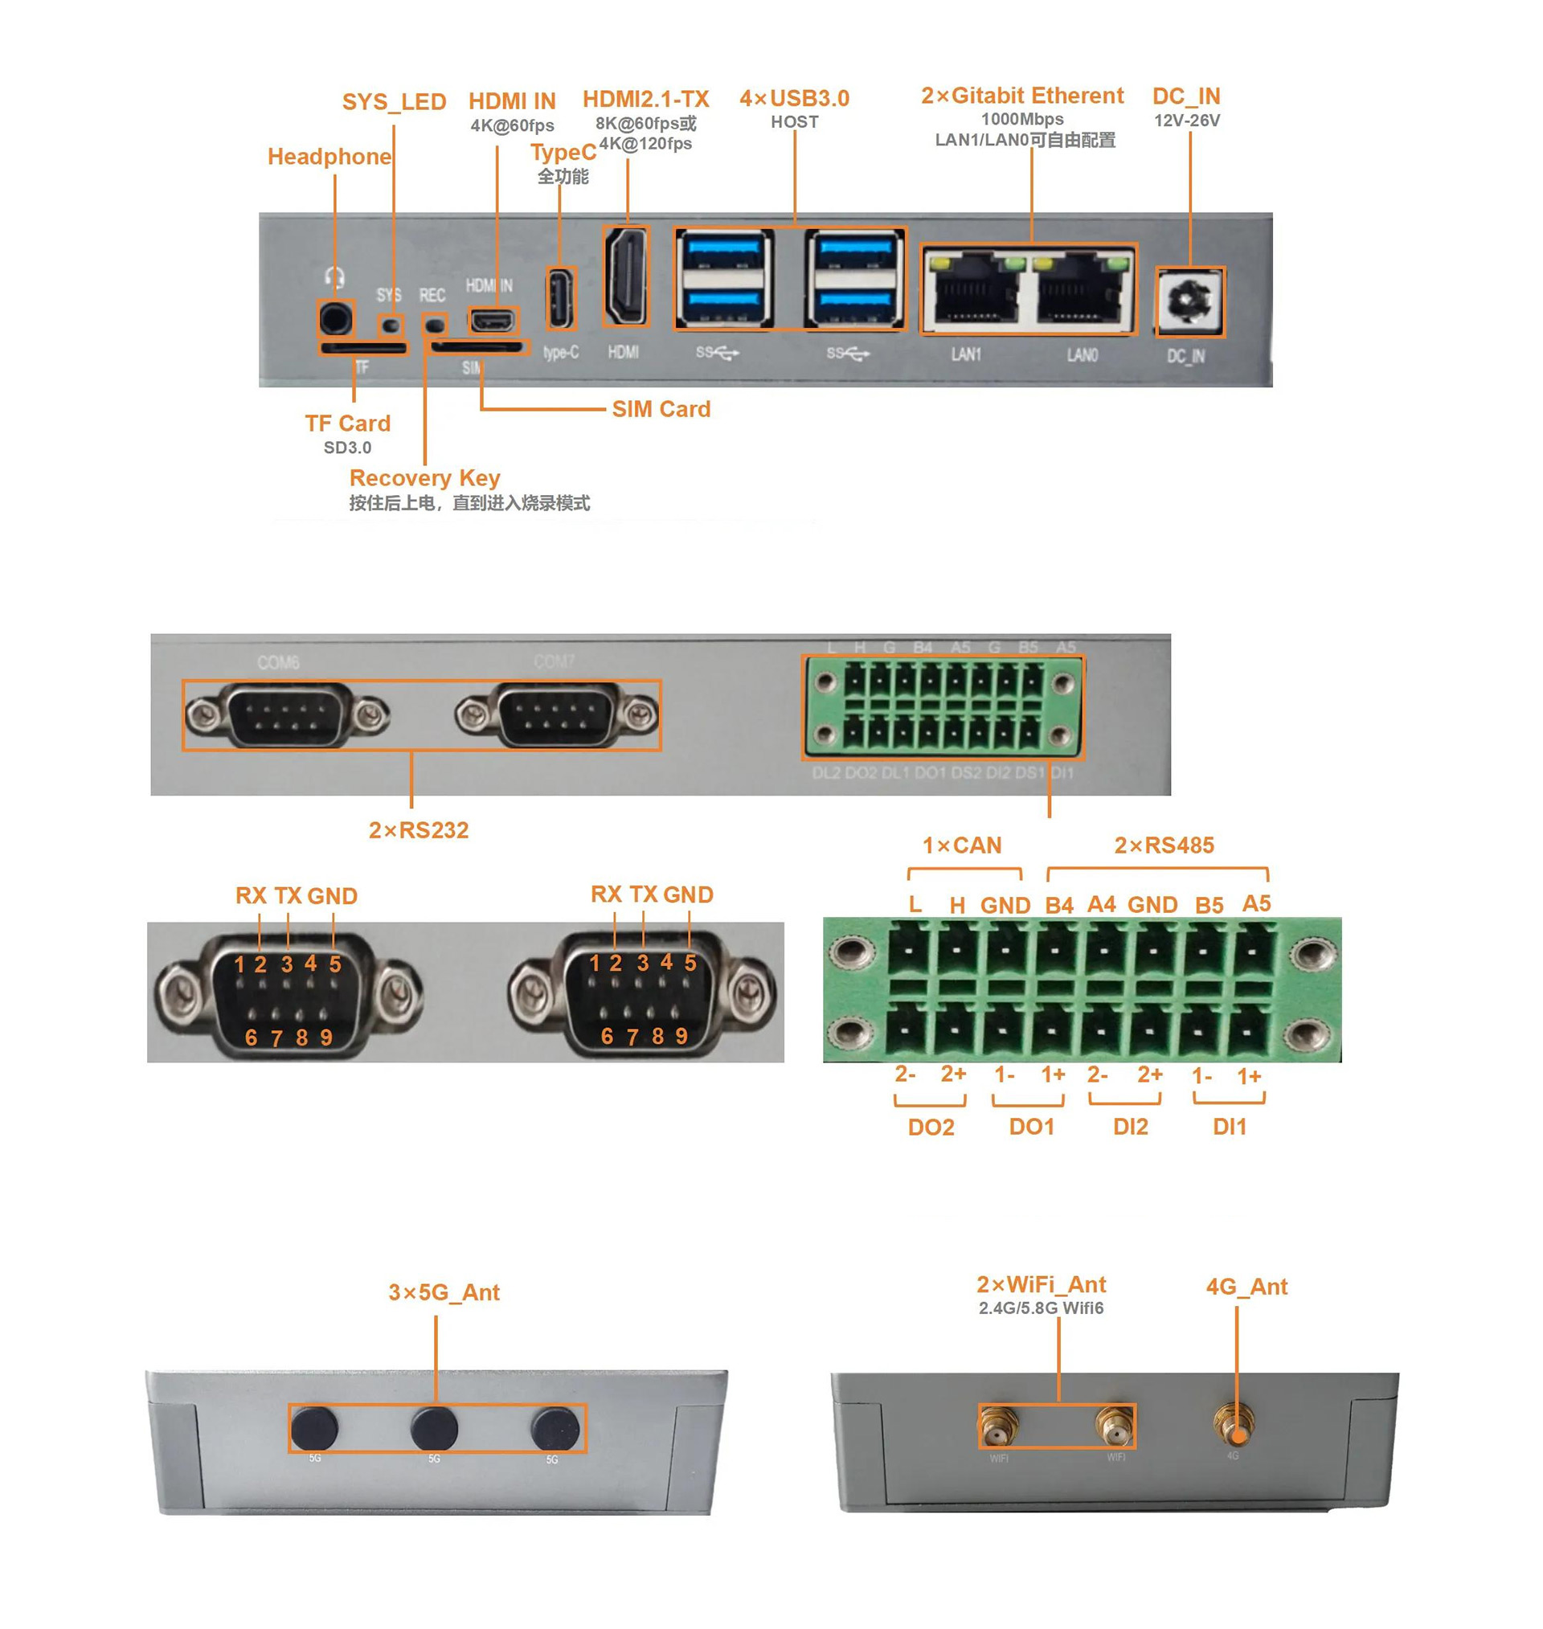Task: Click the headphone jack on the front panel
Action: [x=336, y=318]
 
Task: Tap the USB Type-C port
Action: [x=560, y=297]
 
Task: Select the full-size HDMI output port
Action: [x=626, y=276]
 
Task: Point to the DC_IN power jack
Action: [x=1189, y=302]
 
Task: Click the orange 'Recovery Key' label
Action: [x=424, y=477]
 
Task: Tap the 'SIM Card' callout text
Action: [x=661, y=409]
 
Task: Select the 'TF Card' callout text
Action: [x=347, y=424]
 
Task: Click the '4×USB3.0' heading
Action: [x=794, y=99]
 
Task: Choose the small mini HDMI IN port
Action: [x=493, y=319]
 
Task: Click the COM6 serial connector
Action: [x=288, y=715]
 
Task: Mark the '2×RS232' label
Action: [x=418, y=830]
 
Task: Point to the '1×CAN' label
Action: [x=960, y=845]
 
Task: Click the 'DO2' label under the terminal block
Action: [x=931, y=1127]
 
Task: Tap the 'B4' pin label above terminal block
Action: [x=1058, y=906]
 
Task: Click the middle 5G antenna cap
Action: [x=434, y=1428]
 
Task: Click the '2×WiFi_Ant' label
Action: [x=1041, y=1284]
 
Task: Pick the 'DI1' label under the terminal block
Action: [x=1229, y=1127]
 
